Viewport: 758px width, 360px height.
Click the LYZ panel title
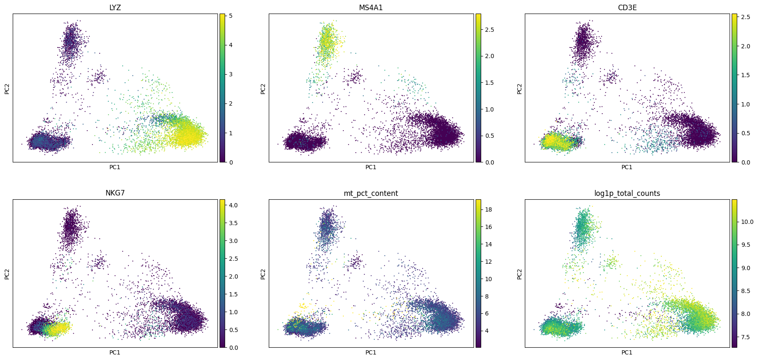[115, 8]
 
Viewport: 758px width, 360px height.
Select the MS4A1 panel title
[371, 8]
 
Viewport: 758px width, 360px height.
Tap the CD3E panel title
[627, 8]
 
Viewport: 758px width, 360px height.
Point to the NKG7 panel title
[115, 193]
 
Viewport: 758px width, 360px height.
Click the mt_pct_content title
[371, 193]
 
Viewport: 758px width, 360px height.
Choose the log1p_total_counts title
[627, 193]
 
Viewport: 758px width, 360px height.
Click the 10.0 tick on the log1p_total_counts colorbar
[747, 222]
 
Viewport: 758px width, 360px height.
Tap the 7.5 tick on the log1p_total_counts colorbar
[746, 337]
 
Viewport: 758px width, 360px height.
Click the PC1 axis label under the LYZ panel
[115, 167]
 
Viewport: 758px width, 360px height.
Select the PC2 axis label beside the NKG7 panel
[7, 274]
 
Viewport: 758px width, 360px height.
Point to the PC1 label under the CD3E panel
[627, 167]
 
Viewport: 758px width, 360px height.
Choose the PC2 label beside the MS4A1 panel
[263, 88]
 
